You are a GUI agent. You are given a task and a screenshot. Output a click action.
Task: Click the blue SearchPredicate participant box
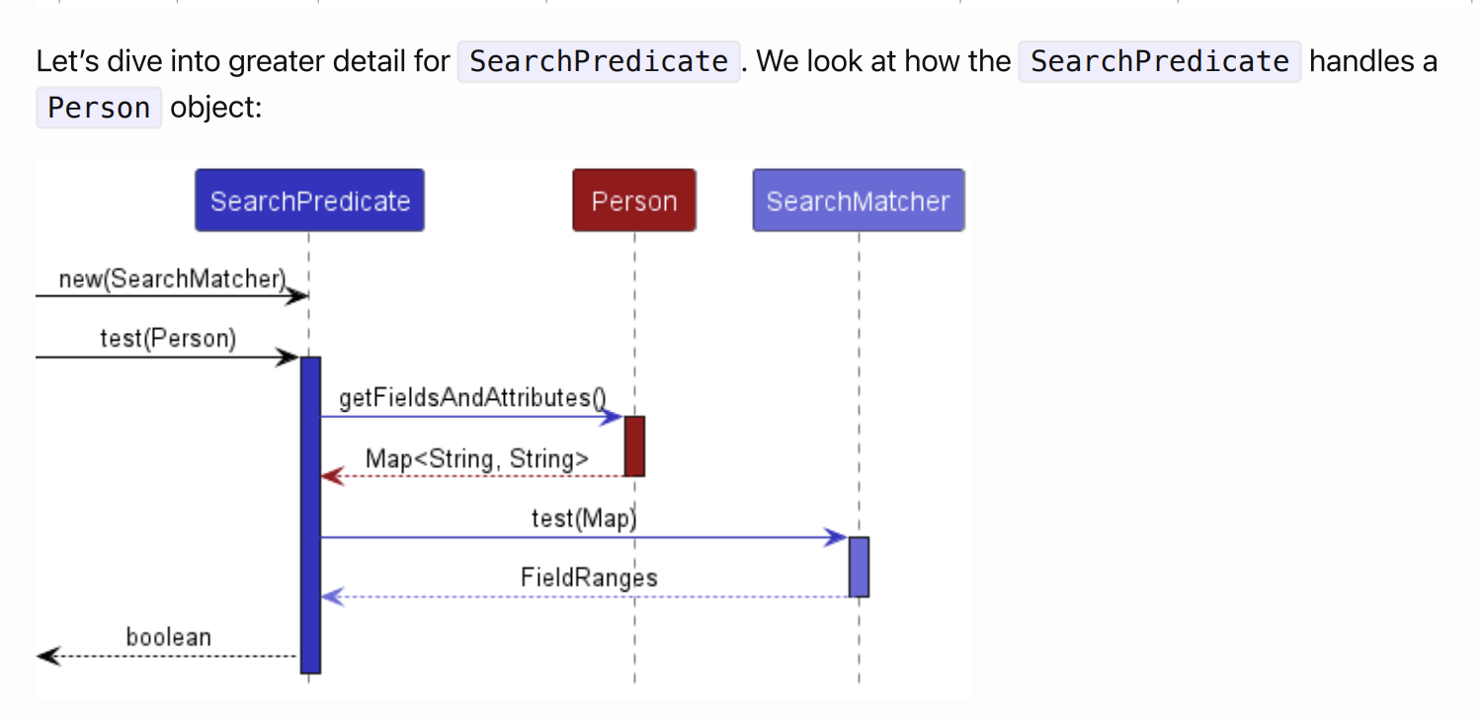(x=309, y=200)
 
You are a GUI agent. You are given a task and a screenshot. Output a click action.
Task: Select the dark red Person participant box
(x=633, y=200)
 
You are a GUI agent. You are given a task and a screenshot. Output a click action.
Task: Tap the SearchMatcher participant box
(x=858, y=200)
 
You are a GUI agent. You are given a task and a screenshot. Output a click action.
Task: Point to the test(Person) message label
(x=168, y=339)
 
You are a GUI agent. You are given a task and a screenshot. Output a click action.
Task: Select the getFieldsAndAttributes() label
(x=471, y=398)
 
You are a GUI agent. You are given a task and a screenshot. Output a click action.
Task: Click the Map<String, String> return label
(x=477, y=458)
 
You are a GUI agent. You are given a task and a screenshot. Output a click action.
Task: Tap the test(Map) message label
(x=584, y=519)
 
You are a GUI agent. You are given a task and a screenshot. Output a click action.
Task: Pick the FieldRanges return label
(x=589, y=577)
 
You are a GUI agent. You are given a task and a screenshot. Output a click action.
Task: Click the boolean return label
(x=168, y=637)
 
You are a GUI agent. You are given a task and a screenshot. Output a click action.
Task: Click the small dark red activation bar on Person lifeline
(x=634, y=445)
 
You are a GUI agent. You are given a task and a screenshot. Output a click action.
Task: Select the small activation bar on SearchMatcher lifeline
(x=859, y=567)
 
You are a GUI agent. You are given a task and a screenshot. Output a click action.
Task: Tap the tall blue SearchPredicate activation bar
(x=310, y=514)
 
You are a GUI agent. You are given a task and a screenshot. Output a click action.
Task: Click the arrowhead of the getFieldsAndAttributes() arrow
(x=614, y=417)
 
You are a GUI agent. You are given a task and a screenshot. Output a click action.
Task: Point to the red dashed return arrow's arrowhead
(x=331, y=477)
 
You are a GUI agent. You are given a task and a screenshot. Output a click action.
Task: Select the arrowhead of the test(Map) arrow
(x=838, y=537)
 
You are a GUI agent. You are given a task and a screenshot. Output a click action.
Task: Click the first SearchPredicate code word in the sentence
(x=598, y=61)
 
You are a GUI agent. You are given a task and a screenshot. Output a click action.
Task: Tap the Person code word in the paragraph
(x=99, y=107)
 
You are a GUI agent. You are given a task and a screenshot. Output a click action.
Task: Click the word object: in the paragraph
(x=216, y=107)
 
